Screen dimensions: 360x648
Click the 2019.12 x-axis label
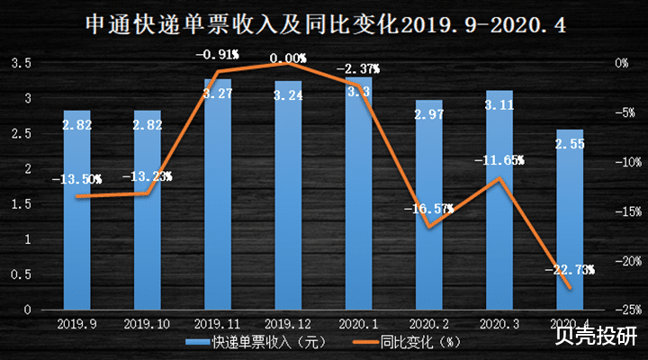point(288,322)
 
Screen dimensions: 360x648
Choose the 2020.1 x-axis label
point(358,322)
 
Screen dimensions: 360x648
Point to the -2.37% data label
point(358,68)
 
